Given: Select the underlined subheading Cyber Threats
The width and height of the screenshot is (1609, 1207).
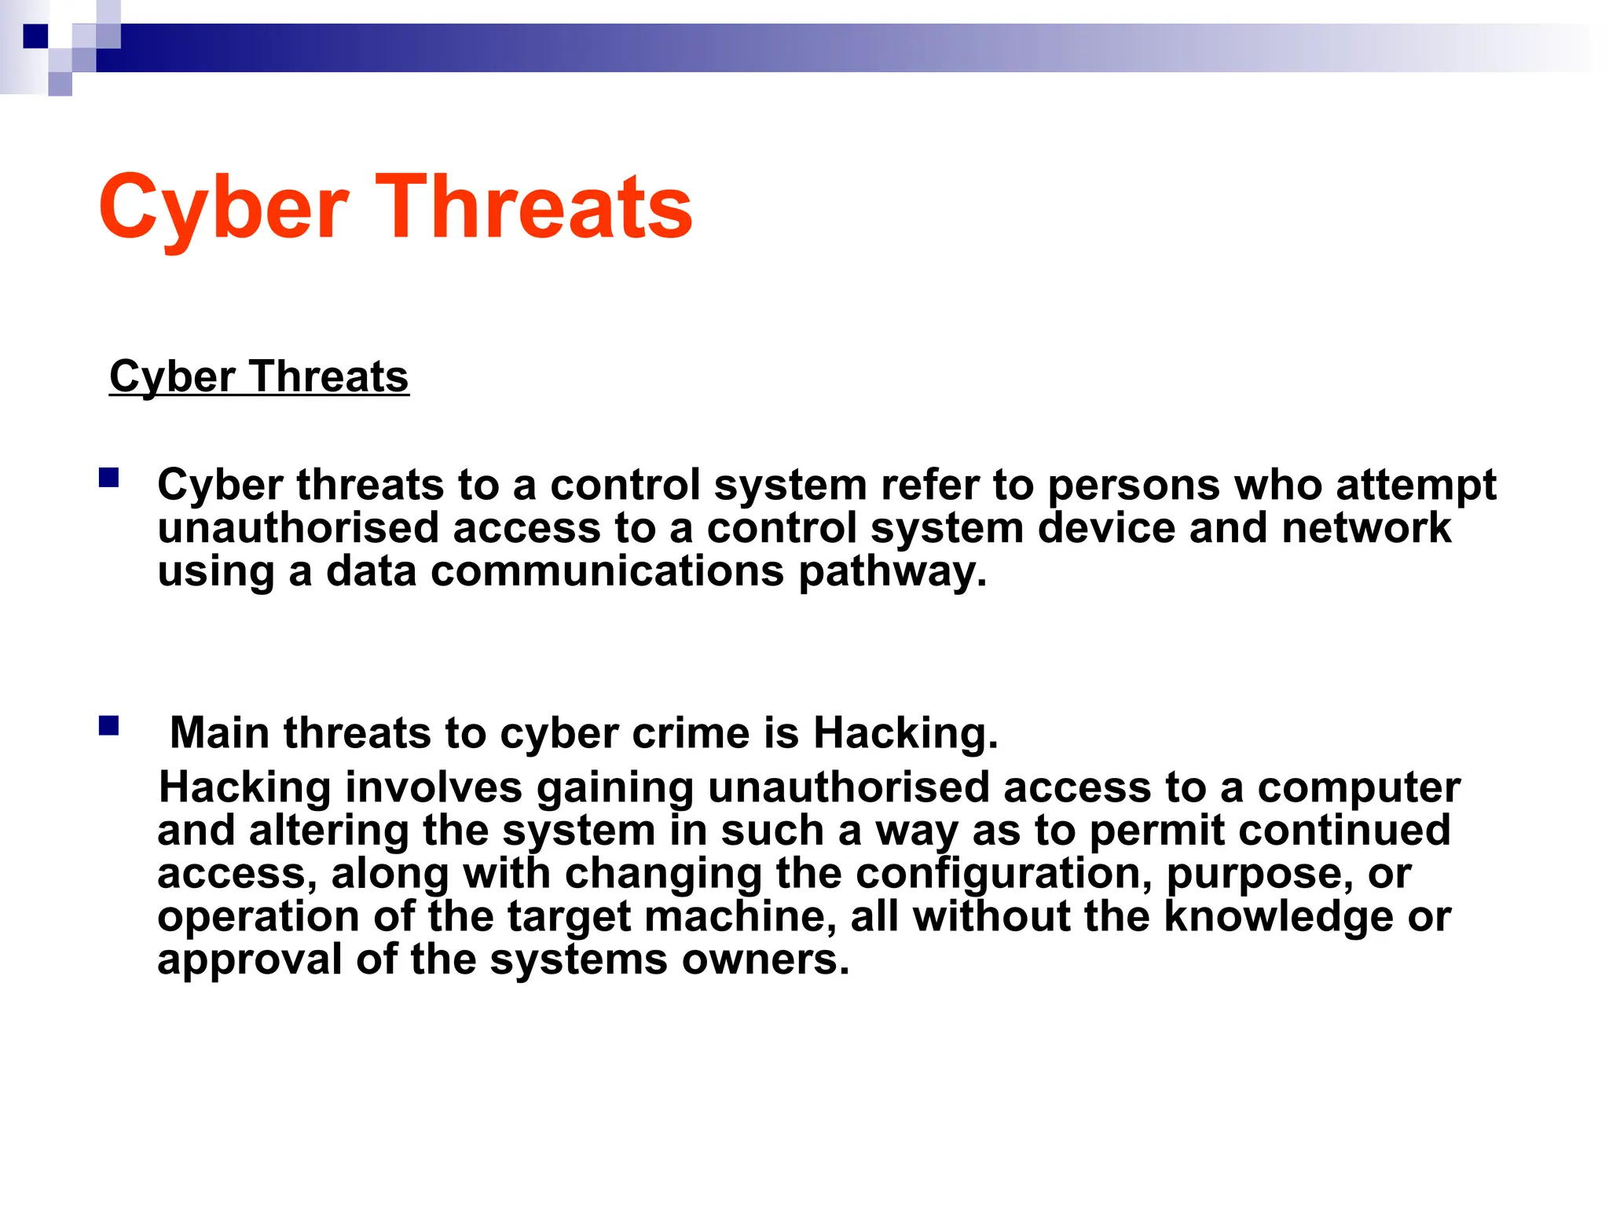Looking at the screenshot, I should tap(258, 376).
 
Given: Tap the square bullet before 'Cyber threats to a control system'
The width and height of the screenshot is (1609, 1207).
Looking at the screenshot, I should tap(108, 478).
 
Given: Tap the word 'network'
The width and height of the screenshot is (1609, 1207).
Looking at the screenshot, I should tap(1366, 528).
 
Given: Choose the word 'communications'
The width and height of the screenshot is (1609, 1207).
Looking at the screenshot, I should tap(607, 571).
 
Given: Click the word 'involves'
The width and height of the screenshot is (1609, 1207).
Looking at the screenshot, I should tap(434, 787).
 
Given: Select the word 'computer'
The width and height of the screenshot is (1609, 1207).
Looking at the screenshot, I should tap(1358, 787).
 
